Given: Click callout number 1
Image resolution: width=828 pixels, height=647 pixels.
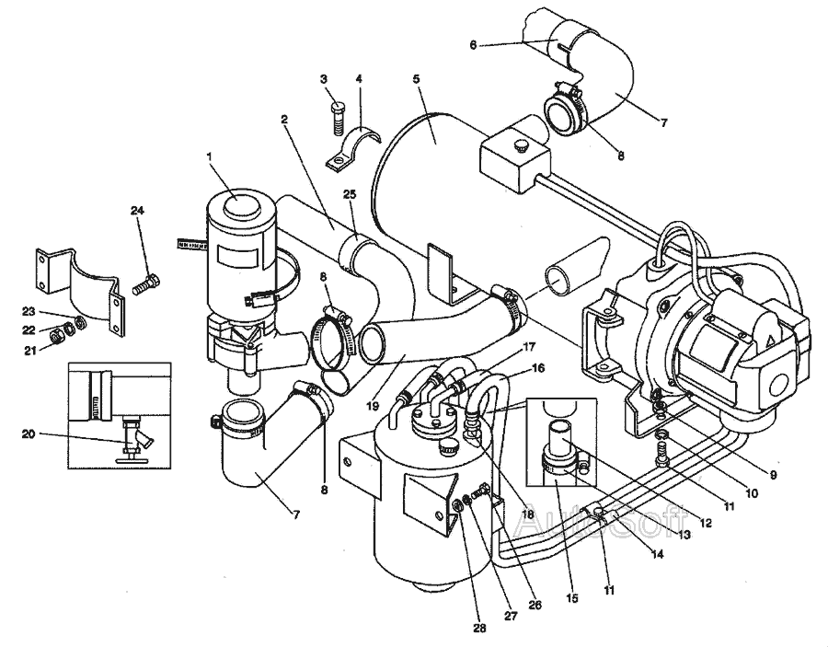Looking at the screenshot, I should pyautogui.click(x=210, y=157).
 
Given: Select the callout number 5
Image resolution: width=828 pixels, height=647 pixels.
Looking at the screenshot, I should pyautogui.click(x=416, y=80).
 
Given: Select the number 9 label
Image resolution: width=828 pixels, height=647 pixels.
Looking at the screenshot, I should pyautogui.click(x=772, y=474).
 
